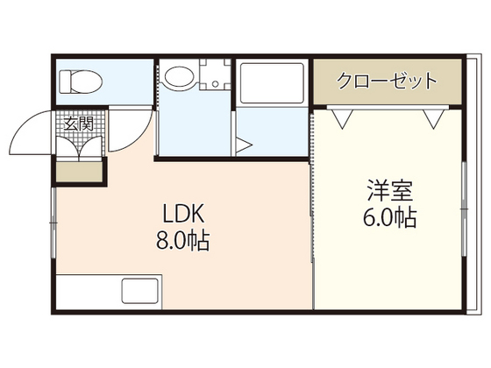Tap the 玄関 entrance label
79,124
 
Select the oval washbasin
181,77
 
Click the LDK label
182,213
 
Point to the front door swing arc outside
31,131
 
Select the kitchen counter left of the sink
88,291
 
